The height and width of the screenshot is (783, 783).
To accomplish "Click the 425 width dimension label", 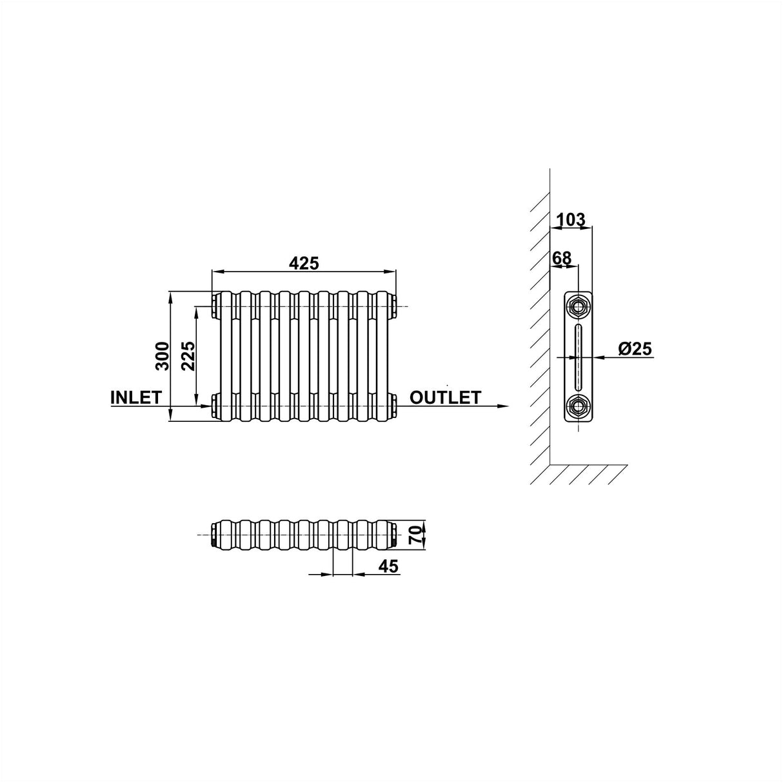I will (304, 263).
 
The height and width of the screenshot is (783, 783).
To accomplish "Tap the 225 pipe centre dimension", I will (188, 355).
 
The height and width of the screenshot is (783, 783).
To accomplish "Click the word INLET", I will (135, 397).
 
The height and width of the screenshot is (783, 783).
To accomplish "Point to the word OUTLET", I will (445, 397).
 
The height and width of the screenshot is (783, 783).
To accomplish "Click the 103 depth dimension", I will (570, 220).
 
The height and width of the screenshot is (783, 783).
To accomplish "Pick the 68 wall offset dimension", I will (562, 258).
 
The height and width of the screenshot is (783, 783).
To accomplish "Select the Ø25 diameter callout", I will (635, 349).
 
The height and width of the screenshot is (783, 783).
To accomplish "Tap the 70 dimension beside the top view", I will (415, 535).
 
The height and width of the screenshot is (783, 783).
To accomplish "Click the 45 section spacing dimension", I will (388, 566).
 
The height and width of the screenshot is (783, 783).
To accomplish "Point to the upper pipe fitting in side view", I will (578, 305).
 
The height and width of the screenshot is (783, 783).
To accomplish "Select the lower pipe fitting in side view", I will (578, 406).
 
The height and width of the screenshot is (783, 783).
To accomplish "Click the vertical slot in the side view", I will (578, 355).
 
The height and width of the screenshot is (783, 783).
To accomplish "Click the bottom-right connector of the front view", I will (393, 406).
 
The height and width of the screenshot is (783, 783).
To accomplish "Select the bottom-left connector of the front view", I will (213, 406).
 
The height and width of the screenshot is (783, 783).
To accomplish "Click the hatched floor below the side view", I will (580, 474).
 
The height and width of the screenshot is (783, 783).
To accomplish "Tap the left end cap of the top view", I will (215, 535).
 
